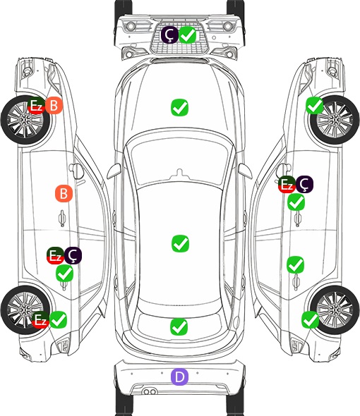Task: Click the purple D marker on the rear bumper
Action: pos(179,377)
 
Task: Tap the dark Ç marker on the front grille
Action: pos(169,35)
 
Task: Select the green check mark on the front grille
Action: pos(188,35)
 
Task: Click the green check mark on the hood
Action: pos(179,107)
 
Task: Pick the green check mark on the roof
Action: pos(180,243)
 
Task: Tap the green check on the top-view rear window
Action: pos(179,326)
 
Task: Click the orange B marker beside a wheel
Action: pos(54,106)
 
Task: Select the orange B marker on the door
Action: pos(64,194)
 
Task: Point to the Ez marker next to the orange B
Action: pos(36,106)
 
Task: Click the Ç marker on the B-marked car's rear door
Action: pos(73,255)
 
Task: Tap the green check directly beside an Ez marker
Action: pos(59,319)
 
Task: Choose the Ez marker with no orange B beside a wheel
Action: pos(40,319)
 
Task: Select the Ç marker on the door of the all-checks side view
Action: pos(304,184)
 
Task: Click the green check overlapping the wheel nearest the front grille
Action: pos(315,105)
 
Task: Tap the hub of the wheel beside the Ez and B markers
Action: pos(25,120)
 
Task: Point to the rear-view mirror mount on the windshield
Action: pos(180,173)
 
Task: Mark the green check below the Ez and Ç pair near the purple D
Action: pos(64,274)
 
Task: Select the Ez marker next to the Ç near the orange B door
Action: pos(55,255)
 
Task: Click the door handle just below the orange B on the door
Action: pos(62,218)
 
